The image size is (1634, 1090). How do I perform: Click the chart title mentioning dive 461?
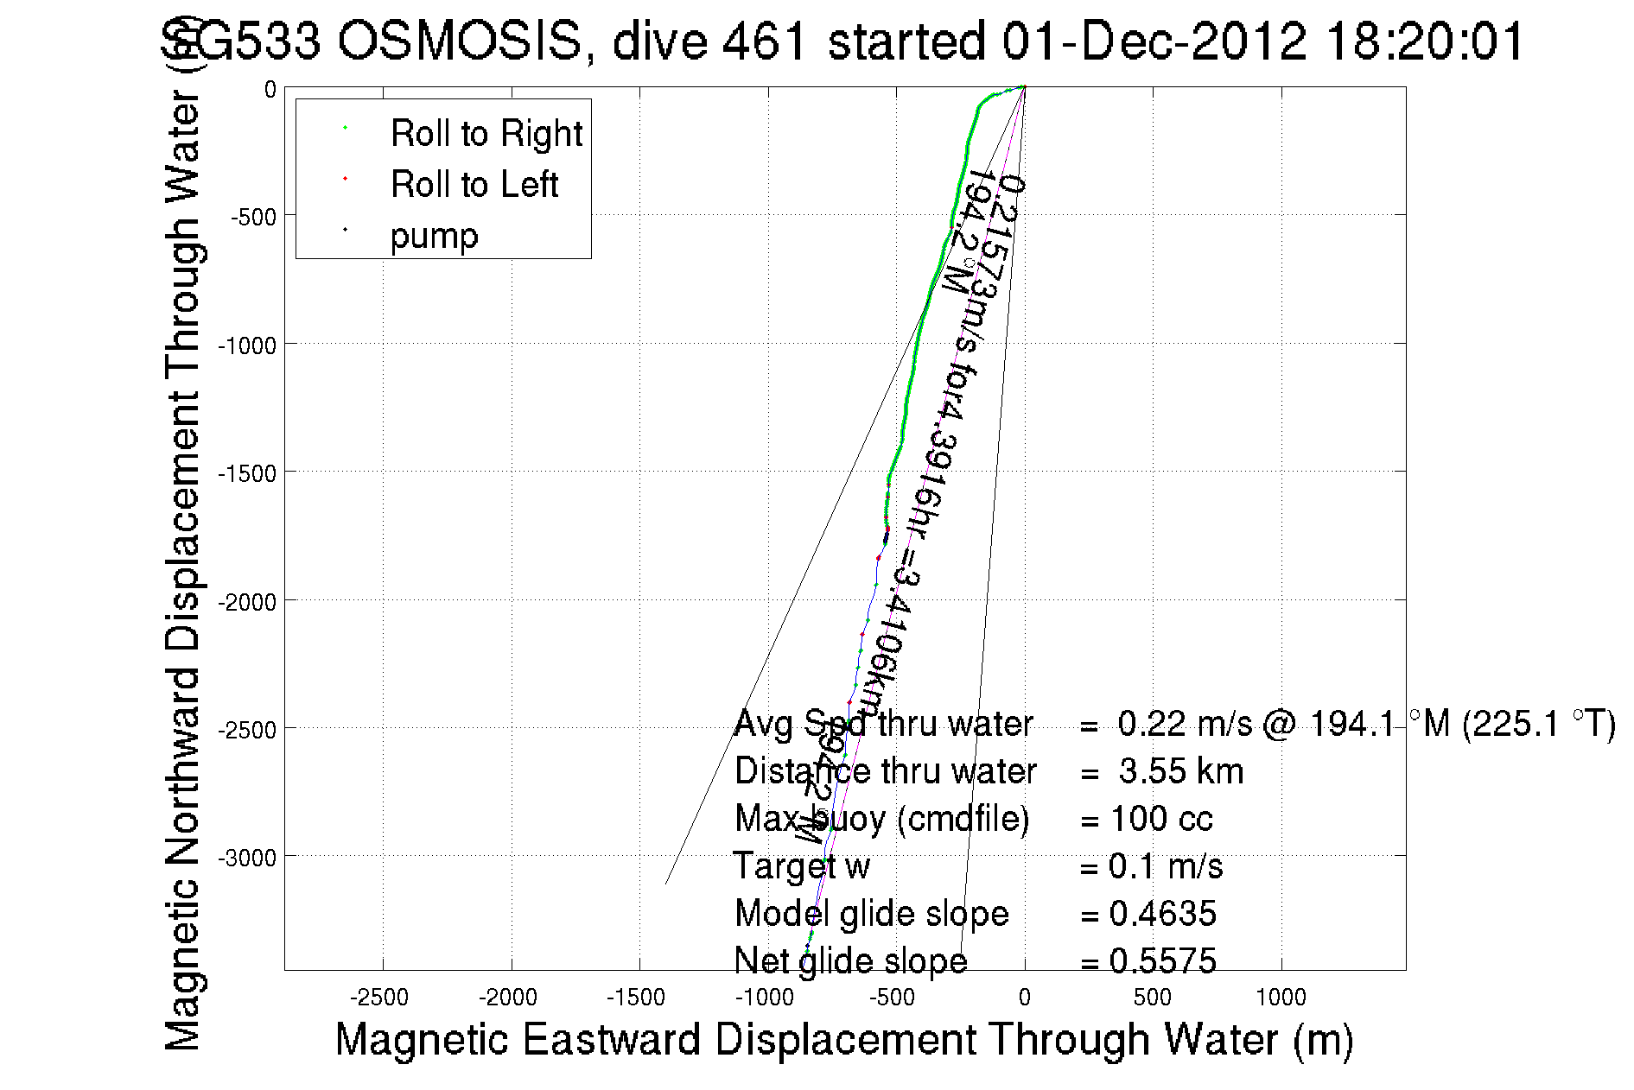point(842,41)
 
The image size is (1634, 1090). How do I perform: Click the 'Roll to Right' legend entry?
point(486,134)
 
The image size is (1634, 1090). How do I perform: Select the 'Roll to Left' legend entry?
point(474,185)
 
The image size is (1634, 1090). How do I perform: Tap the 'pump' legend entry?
point(434,236)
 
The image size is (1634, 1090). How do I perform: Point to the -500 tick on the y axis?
point(252,217)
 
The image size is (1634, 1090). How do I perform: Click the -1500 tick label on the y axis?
point(247,473)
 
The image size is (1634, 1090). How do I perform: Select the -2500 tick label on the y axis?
point(247,730)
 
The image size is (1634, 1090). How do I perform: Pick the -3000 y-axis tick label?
point(247,858)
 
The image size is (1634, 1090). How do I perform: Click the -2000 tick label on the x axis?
point(508,998)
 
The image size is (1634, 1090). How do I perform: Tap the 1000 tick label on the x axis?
point(1281,998)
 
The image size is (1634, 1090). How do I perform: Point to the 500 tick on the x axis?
point(1152,998)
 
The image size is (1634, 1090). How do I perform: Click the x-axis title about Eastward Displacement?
point(843,1039)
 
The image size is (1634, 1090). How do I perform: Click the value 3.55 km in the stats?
point(1180,771)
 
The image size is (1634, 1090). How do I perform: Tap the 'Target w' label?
point(801,866)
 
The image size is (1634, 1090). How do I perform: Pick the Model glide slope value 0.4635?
point(1162,914)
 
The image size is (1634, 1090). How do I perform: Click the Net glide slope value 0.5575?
point(1162,961)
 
